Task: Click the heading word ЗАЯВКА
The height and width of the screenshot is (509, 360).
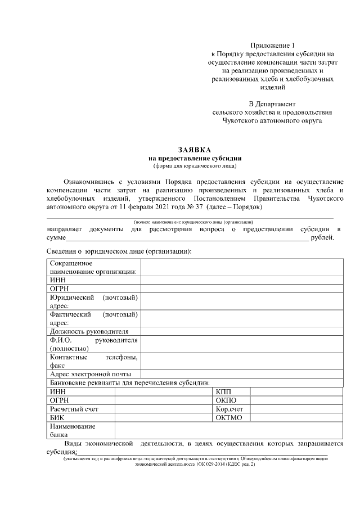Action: [194, 150]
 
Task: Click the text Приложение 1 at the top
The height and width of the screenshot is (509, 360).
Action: [273, 45]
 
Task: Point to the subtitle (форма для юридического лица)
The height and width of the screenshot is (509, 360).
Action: [194, 166]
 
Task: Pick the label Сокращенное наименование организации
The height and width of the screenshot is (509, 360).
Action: [93, 267]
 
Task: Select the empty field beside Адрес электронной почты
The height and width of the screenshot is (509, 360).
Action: [241, 373]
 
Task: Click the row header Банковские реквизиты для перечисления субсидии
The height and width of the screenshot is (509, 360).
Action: [129, 383]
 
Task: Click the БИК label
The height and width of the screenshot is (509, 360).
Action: [57, 418]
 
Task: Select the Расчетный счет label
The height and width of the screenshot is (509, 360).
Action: [74, 409]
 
